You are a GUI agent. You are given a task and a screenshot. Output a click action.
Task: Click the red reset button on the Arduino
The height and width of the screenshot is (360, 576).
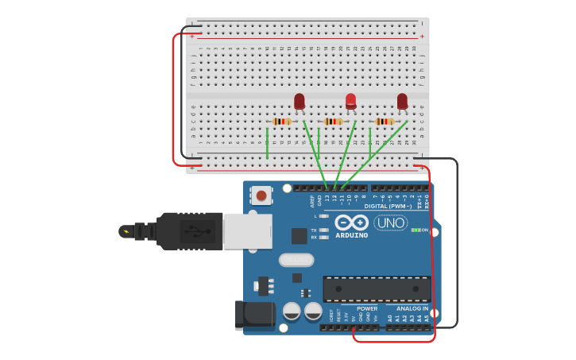261,195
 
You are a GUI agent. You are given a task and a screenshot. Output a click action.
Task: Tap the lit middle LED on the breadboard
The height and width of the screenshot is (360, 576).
350,101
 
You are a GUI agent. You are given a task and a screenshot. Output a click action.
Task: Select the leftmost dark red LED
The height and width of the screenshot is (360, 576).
299,101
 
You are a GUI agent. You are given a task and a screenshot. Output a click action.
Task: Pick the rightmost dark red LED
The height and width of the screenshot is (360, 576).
402,101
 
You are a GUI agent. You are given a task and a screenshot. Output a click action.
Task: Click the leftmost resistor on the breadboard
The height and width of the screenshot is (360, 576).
281,122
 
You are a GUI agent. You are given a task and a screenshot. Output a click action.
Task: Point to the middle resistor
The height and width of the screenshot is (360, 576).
333,122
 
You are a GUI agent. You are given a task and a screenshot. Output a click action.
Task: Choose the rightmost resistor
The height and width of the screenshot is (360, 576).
385,122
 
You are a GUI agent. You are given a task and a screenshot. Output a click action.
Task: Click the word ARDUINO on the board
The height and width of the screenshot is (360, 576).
351,235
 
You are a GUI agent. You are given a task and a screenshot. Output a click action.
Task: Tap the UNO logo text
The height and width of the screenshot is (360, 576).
390,223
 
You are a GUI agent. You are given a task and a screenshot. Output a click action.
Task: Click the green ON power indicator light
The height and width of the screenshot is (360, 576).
415,230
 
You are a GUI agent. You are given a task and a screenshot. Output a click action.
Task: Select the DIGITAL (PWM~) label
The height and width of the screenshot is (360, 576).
387,206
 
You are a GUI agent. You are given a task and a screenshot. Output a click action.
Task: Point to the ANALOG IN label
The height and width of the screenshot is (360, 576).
407,308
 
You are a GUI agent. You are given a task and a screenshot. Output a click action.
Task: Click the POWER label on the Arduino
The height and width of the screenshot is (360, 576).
367,308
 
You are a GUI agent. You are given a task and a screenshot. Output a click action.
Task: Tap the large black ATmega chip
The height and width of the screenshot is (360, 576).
377,288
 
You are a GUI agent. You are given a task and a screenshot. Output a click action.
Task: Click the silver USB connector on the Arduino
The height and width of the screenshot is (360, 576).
247,231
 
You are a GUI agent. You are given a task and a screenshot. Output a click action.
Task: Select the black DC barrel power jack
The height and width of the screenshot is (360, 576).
254,315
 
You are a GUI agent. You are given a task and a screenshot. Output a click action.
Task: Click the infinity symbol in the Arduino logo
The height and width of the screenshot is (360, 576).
351,223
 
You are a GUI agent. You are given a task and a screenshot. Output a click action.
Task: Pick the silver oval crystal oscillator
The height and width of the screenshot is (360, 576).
296,260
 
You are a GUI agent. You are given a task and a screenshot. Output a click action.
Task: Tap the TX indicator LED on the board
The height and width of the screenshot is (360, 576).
323,230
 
